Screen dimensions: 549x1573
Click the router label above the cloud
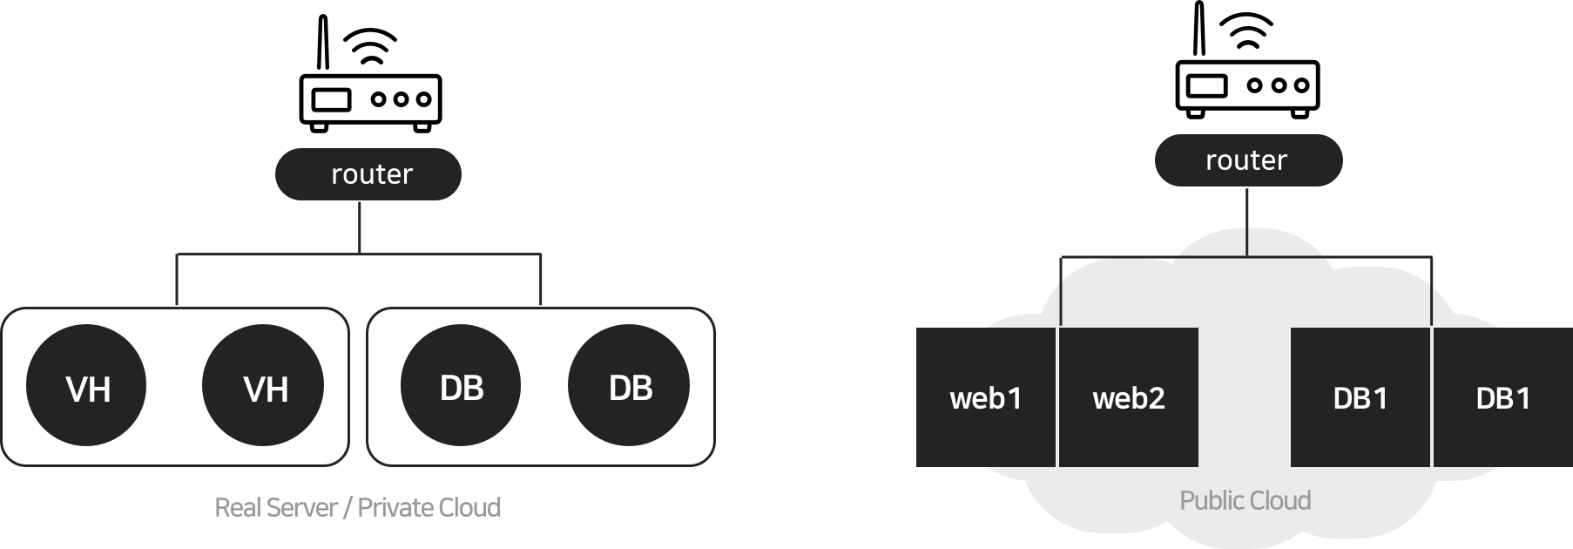click(x=1247, y=160)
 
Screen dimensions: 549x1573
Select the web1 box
click(x=985, y=397)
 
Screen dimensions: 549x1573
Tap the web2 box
click(x=1129, y=397)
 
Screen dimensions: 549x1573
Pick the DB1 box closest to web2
click(x=1360, y=397)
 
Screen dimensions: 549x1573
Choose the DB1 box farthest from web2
click(x=1502, y=397)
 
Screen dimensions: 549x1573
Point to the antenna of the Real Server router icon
click(x=322, y=42)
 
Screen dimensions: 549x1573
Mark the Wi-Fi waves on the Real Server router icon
click(x=371, y=47)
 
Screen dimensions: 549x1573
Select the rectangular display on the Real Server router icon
click(x=332, y=99)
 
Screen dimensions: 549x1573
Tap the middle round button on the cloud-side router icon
click(x=1278, y=85)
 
